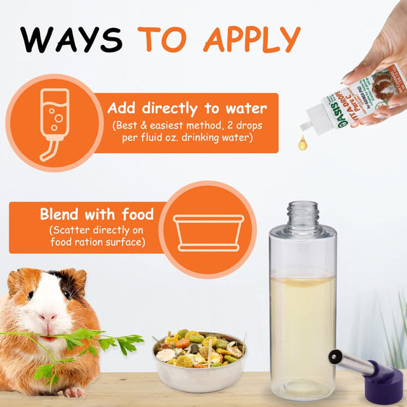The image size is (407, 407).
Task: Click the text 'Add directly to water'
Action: pyautogui.click(x=187, y=108)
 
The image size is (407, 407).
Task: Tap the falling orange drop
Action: pyautogui.click(x=302, y=144)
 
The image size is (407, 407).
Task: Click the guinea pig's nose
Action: pyautogui.click(x=48, y=317)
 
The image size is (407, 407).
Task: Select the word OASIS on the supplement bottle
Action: pyautogui.click(x=328, y=112)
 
